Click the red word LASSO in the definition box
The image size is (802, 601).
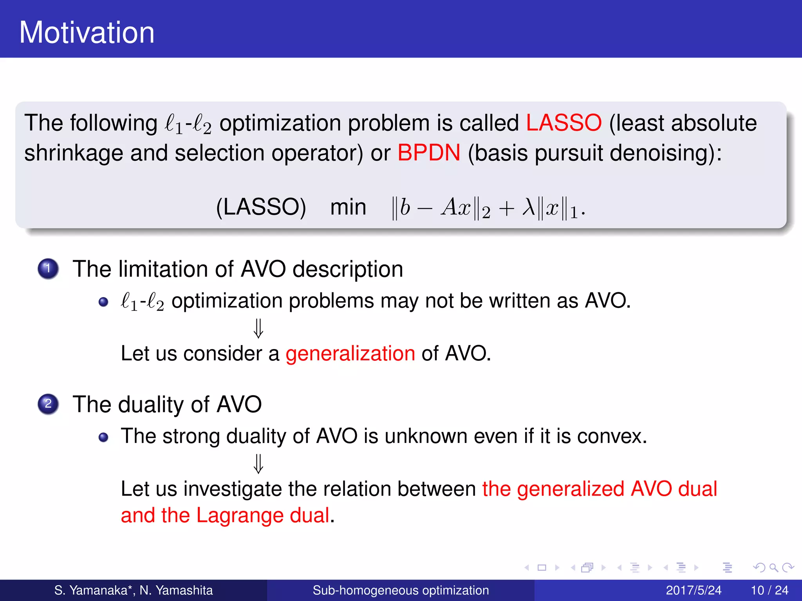[x=564, y=123]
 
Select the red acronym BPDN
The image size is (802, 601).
[x=429, y=153]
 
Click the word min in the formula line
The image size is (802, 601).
[x=348, y=207]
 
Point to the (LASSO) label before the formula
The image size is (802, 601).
[x=261, y=207]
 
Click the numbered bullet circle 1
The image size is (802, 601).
[x=48, y=269]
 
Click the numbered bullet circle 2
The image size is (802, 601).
[x=48, y=404]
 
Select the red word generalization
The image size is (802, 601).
[x=350, y=353]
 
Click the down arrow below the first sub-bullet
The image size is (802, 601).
[x=258, y=328]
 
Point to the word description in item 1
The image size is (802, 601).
[x=348, y=269]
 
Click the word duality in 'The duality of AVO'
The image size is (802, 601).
[x=151, y=404]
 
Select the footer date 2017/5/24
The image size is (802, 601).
[x=693, y=590]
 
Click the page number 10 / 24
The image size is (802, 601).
[x=769, y=590]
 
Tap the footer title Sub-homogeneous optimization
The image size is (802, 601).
[x=401, y=590]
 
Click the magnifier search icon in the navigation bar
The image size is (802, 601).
[x=773, y=567]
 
